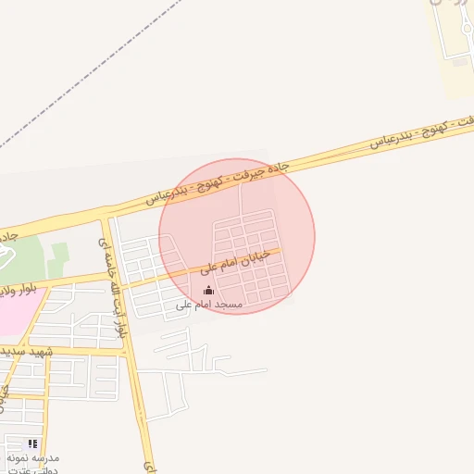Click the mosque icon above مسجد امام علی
(x=206, y=291)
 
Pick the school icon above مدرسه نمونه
(x=32, y=444)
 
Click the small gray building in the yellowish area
(x=460, y=63)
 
